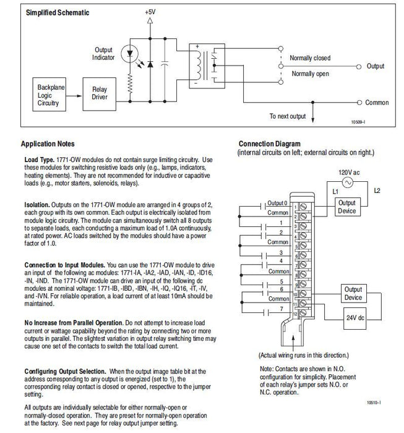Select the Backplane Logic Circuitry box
[x=48, y=95]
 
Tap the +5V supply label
[x=150, y=12]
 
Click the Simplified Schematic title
[x=57, y=12]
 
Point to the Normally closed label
[x=311, y=58]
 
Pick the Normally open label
[x=311, y=74]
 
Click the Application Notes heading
[x=51, y=144]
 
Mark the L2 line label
[x=376, y=191]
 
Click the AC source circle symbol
[x=348, y=183]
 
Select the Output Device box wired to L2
[x=348, y=206]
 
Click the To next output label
[x=288, y=116]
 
